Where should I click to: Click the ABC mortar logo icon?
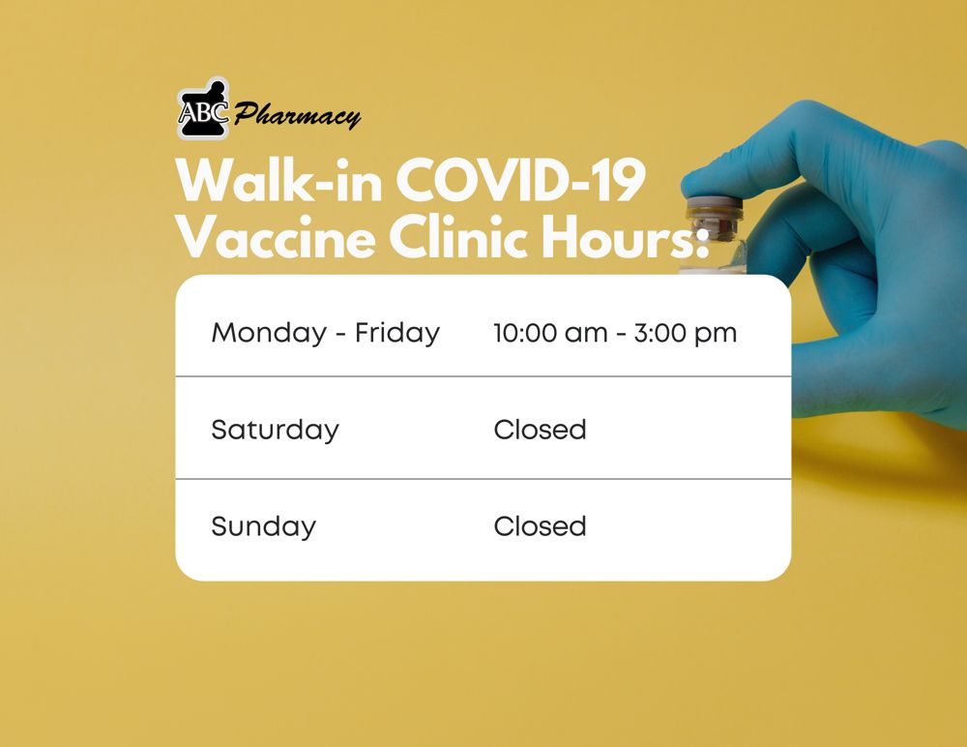click(203, 108)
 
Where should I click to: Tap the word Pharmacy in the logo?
click(297, 115)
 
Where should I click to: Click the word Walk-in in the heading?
click(278, 180)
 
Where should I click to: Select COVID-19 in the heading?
click(520, 180)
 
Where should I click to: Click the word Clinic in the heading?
click(457, 237)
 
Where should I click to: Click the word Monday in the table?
click(269, 334)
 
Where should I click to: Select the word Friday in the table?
click(397, 333)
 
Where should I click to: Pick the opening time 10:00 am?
click(550, 334)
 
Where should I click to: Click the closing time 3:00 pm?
click(686, 334)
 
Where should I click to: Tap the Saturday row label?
click(275, 431)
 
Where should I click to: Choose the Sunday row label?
click(263, 527)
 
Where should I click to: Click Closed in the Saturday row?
click(540, 430)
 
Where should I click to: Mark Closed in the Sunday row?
click(540, 526)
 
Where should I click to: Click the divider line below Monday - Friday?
click(483, 376)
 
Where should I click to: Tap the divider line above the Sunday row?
click(483, 478)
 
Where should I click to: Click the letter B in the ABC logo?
click(203, 112)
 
